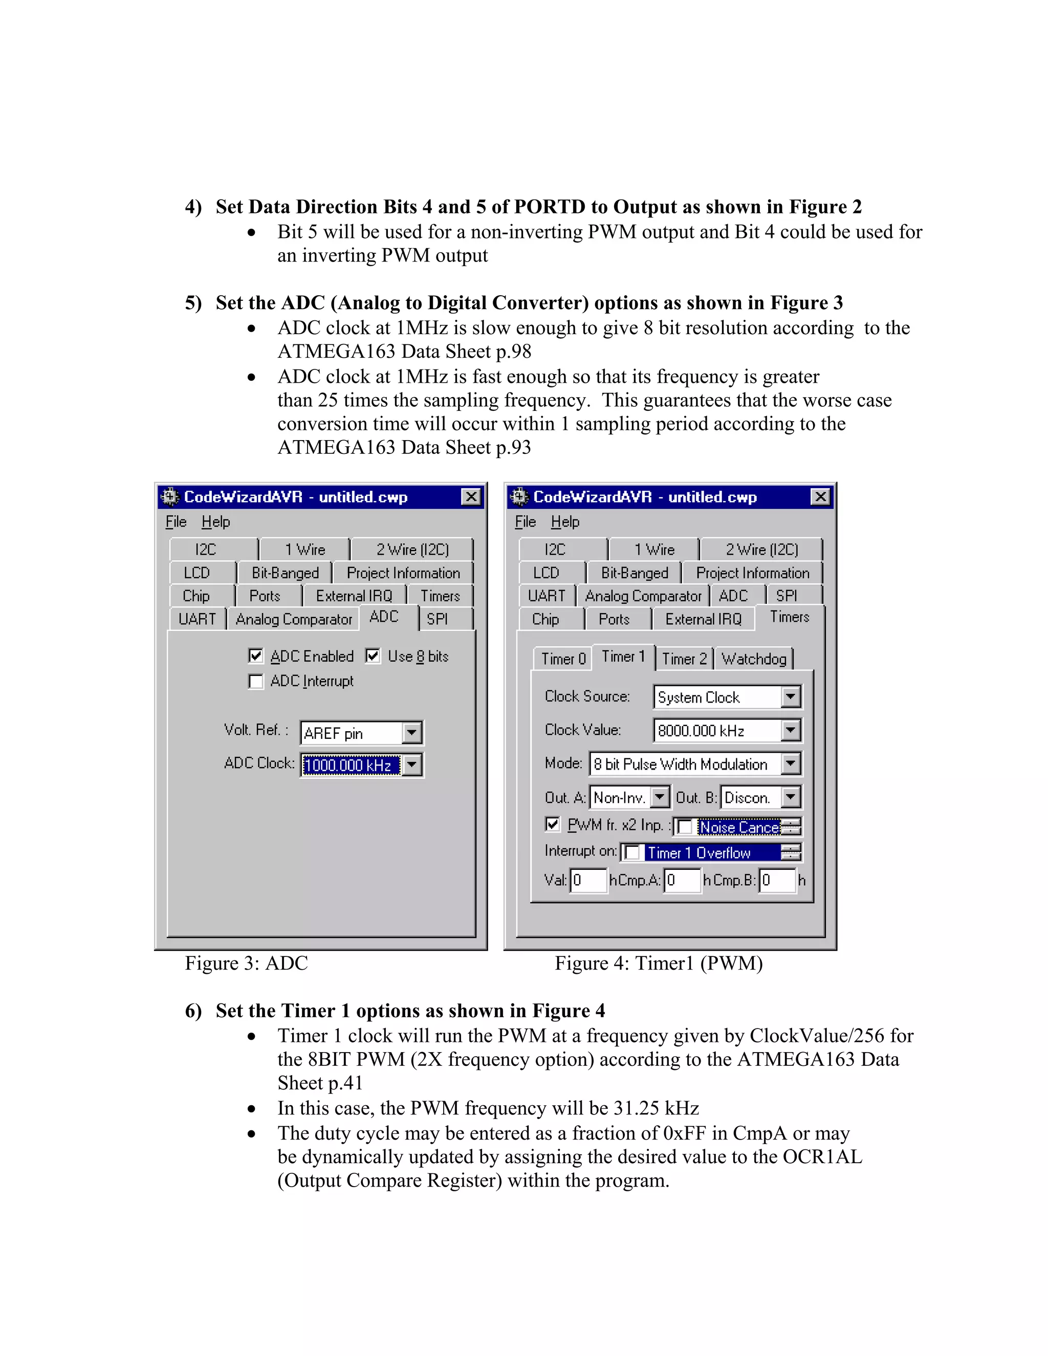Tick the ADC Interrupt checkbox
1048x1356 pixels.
pos(255,681)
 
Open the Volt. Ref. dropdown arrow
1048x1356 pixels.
pos(411,733)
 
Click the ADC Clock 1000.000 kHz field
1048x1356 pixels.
pos(350,765)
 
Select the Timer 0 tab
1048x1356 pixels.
pos(562,659)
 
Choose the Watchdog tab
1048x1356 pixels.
pos(754,659)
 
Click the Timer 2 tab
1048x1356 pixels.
pos(684,659)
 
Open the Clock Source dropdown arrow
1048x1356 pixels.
pos(790,696)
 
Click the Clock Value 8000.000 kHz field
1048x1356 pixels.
pos(716,731)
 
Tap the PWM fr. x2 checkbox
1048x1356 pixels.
pos(552,824)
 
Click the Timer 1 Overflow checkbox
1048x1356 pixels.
pos(632,852)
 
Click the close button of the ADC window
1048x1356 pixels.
pos(471,497)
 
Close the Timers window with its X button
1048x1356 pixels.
pos(820,497)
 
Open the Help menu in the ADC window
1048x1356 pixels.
pos(215,522)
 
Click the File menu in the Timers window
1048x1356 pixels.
pos(525,522)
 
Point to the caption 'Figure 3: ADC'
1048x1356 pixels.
pos(247,963)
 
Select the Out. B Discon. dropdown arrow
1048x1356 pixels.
pos(790,797)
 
